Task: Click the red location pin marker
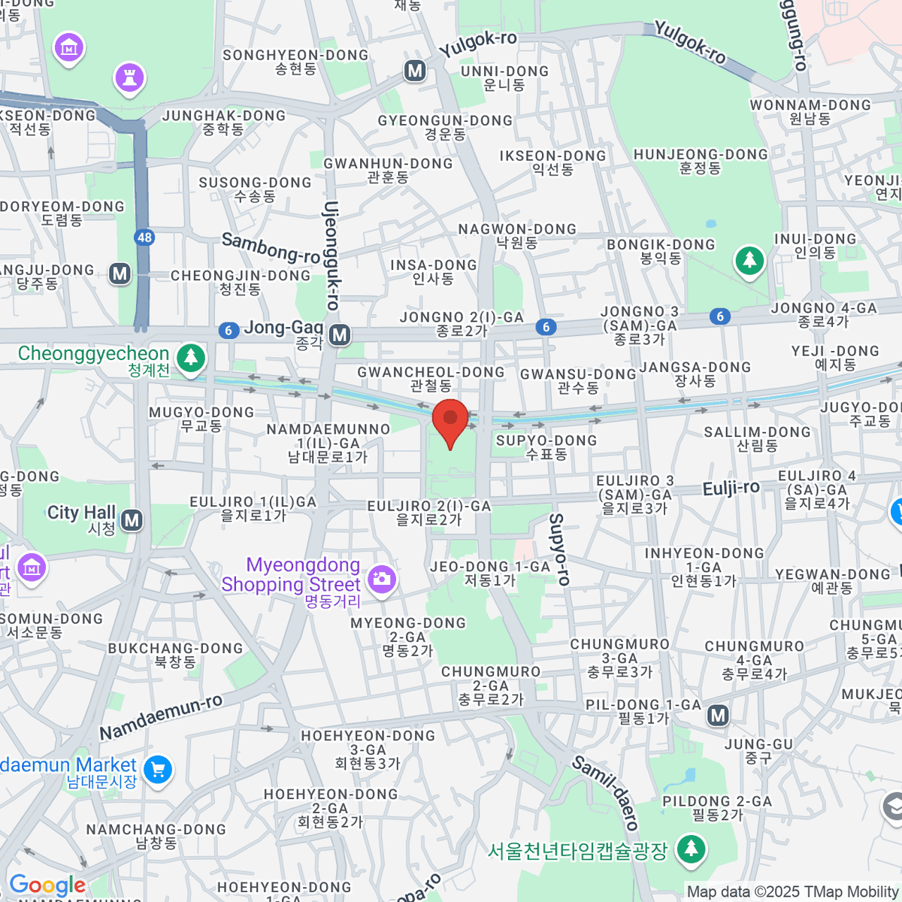(x=450, y=421)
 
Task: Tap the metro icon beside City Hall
(x=132, y=519)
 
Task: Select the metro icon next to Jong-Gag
(x=340, y=334)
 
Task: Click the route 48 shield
(x=144, y=238)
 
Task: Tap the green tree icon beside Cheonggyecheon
(x=191, y=357)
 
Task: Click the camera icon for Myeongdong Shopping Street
(x=382, y=578)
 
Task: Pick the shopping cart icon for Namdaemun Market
(x=158, y=770)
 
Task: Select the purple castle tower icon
(x=129, y=77)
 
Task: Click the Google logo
(x=47, y=885)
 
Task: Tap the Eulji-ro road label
(x=731, y=489)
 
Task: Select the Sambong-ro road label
(x=271, y=247)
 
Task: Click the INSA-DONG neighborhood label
(x=434, y=271)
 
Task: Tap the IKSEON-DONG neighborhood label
(x=552, y=162)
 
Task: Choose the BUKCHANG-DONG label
(x=175, y=655)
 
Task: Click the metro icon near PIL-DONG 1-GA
(x=719, y=715)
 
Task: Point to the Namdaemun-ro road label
(x=161, y=716)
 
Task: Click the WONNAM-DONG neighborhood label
(x=810, y=111)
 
